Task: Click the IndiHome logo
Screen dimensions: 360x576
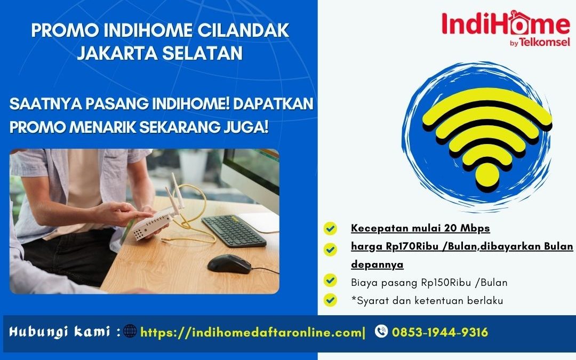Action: [x=505, y=24]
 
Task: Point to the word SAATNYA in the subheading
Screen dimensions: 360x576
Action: [x=44, y=105]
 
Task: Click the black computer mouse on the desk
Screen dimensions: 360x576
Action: [x=229, y=263]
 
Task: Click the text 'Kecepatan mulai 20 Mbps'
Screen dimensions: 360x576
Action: [x=420, y=228]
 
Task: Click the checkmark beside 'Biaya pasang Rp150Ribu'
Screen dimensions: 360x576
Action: [x=331, y=281]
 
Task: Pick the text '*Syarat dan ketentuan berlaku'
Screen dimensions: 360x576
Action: [x=427, y=301]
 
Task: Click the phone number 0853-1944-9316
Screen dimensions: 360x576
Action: [x=440, y=332]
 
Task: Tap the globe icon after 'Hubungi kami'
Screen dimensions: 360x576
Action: [x=130, y=332]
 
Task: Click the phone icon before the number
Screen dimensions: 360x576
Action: [x=381, y=332]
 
